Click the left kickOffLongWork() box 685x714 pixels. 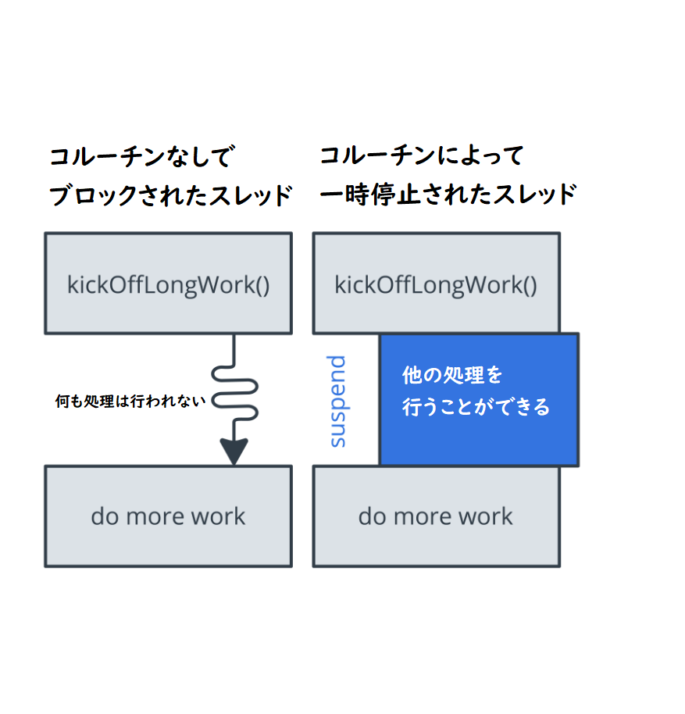[168, 284]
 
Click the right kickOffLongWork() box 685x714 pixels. [436, 284]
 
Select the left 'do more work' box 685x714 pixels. [168, 516]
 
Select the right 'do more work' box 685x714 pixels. [436, 516]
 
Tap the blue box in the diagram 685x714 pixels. [478, 399]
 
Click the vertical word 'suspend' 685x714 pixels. [337, 401]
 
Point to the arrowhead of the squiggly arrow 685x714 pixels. [234, 452]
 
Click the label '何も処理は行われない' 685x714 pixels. [130, 401]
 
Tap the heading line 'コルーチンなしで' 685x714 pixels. [141, 157]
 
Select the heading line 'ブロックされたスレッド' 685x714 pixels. [169, 195]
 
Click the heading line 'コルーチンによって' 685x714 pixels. [421, 155]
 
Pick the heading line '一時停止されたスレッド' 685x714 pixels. [448, 194]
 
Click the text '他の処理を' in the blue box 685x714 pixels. [452, 376]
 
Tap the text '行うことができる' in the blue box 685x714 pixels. [476, 407]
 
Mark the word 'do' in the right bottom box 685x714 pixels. [372, 516]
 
